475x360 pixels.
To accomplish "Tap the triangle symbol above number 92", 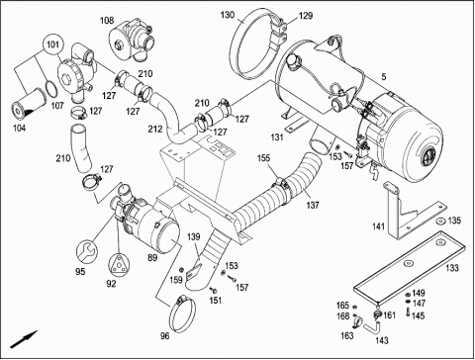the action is pyautogui.click(x=119, y=265).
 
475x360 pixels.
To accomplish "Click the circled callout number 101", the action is pyautogui.click(x=52, y=44).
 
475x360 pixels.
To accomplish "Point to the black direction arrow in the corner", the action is pyautogui.click(x=24, y=339).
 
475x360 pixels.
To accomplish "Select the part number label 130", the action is pyautogui.click(x=228, y=15).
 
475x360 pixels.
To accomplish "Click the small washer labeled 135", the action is pyautogui.click(x=439, y=222).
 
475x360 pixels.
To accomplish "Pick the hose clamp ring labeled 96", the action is pyautogui.click(x=182, y=314).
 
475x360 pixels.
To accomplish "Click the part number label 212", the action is pyautogui.click(x=155, y=129).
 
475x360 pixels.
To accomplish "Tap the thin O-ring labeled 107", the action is pyautogui.click(x=50, y=90).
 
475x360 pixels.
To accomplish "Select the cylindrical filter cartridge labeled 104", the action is pyautogui.click(x=27, y=105).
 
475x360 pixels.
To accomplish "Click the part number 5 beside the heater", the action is pyautogui.click(x=383, y=77).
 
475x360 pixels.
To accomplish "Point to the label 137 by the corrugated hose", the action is pyautogui.click(x=312, y=205).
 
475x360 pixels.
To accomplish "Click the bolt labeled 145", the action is pyautogui.click(x=408, y=312).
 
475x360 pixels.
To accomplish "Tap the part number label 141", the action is pyautogui.click(x=378, y=226).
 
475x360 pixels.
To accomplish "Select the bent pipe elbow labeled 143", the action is pyautogui.click(x=372, y=327).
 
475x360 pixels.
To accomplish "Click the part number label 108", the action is pyautogui.click(x=107, y=21).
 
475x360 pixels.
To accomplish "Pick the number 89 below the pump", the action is pyautogui.click(x=152, y=257).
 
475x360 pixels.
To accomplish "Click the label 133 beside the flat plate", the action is pyautogui.click(x=452, y=268).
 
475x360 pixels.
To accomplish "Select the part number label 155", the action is pyautogui.click(x=263, y=158).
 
